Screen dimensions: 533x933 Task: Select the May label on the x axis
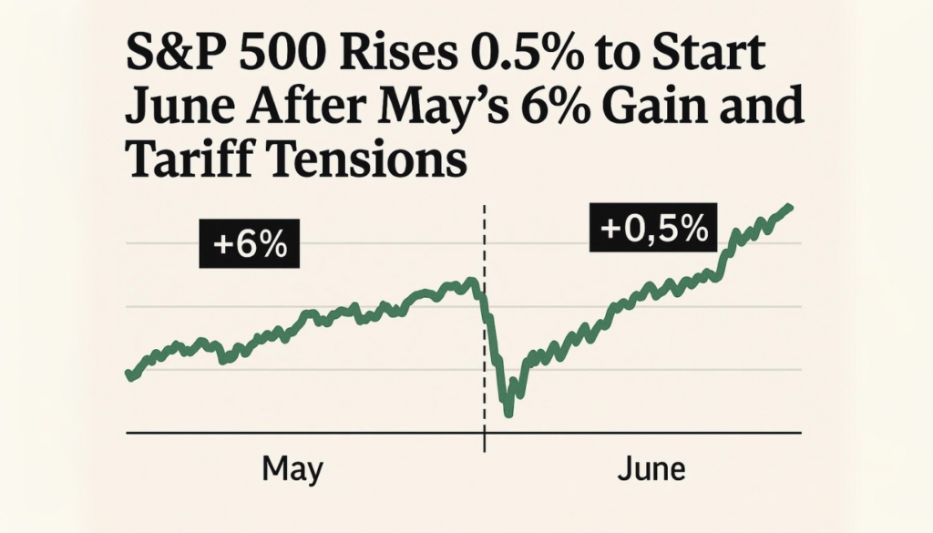(x=292, y=470)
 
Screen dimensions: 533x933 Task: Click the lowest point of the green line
(x=508, y=414)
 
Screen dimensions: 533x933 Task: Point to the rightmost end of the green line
(x=789, y=207)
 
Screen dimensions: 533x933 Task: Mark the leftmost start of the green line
(x=128, y=374)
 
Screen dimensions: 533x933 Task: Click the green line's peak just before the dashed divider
(x=470, y=281)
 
